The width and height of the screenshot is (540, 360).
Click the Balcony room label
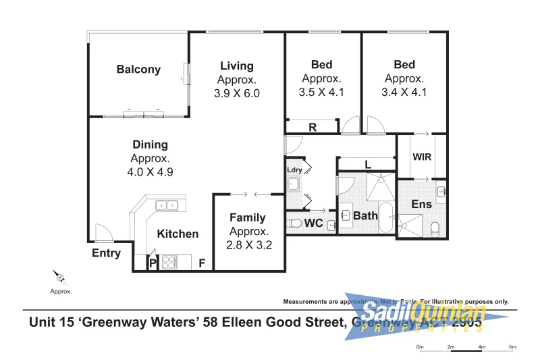[138, 69]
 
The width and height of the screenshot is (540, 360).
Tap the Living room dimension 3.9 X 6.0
[236, 94]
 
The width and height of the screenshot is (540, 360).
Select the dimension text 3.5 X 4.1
[321, 93]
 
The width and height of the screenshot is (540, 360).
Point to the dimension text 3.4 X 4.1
[404, 93]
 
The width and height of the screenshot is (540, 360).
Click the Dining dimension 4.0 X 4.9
[151, 172]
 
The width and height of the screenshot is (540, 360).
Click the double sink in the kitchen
[166, 205]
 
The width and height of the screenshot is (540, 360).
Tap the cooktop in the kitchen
[167, 261]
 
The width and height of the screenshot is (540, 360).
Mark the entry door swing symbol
[103, 233]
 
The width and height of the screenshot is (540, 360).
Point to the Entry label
[106, 253]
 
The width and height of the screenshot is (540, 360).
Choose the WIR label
[422, 157]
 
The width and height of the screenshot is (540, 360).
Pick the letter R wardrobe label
[313, 126]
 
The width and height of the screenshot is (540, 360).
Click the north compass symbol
[59, 277]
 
